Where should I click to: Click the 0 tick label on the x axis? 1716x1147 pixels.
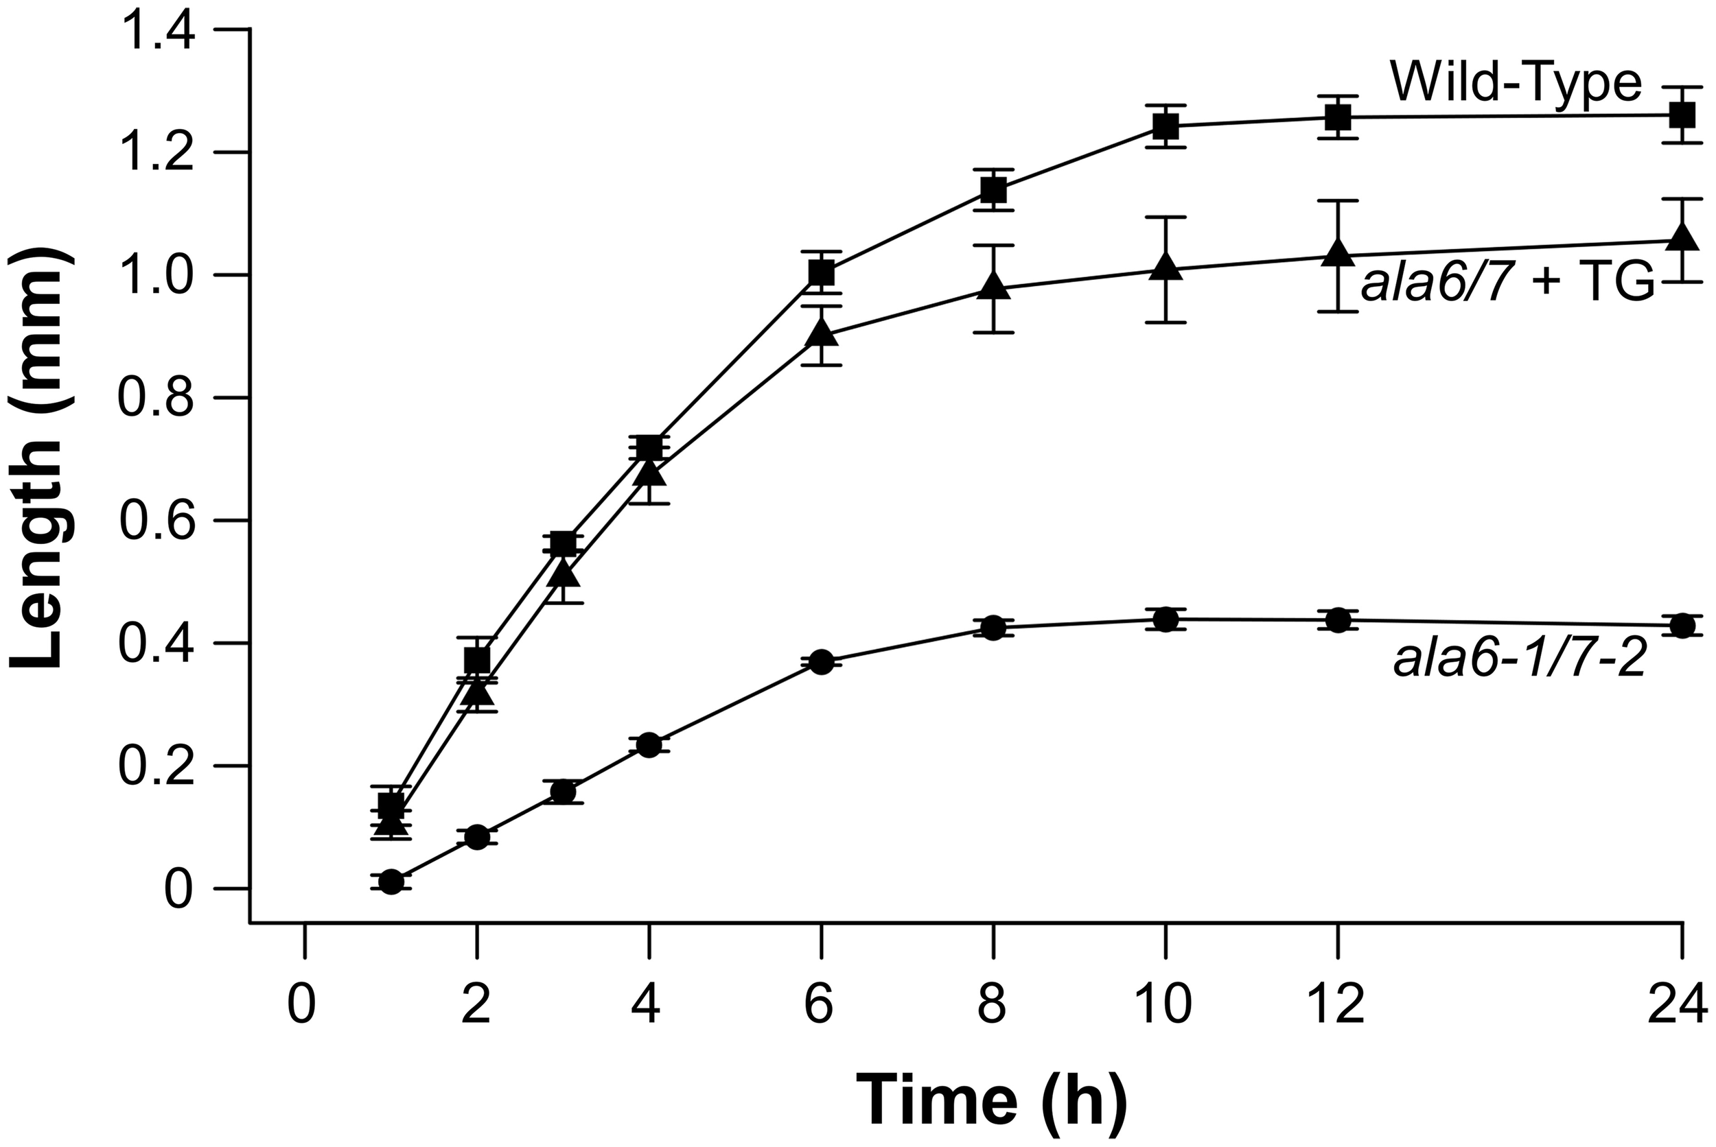click(302, 1007)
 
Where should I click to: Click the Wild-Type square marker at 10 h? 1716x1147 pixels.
click(1165, 126)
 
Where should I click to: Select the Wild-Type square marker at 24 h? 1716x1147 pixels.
click(1683, 115)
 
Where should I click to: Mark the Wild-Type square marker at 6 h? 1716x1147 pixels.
click(821, 273)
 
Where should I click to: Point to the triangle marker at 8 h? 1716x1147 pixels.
click(993, 286)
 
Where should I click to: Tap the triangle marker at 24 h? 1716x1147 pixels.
click(1683, 236)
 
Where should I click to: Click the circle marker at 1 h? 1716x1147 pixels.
click(391, 882)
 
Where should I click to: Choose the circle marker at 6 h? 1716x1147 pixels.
click(821, 662)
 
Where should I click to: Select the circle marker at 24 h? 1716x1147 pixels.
click(1683, 626)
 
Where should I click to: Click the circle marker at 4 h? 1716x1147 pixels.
click(649, 745)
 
